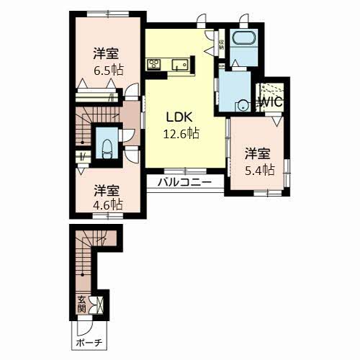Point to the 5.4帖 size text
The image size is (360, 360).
[257, 170]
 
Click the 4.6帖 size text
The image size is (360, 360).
[107, 204]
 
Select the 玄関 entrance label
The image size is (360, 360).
[81, 304]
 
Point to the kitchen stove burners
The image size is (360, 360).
[154, 65]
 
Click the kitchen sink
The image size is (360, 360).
[179, 66]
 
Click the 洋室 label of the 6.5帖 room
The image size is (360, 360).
[106, 53]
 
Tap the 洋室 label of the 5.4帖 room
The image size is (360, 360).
[257, 153]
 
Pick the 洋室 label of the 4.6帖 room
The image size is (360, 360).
[107, 190]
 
